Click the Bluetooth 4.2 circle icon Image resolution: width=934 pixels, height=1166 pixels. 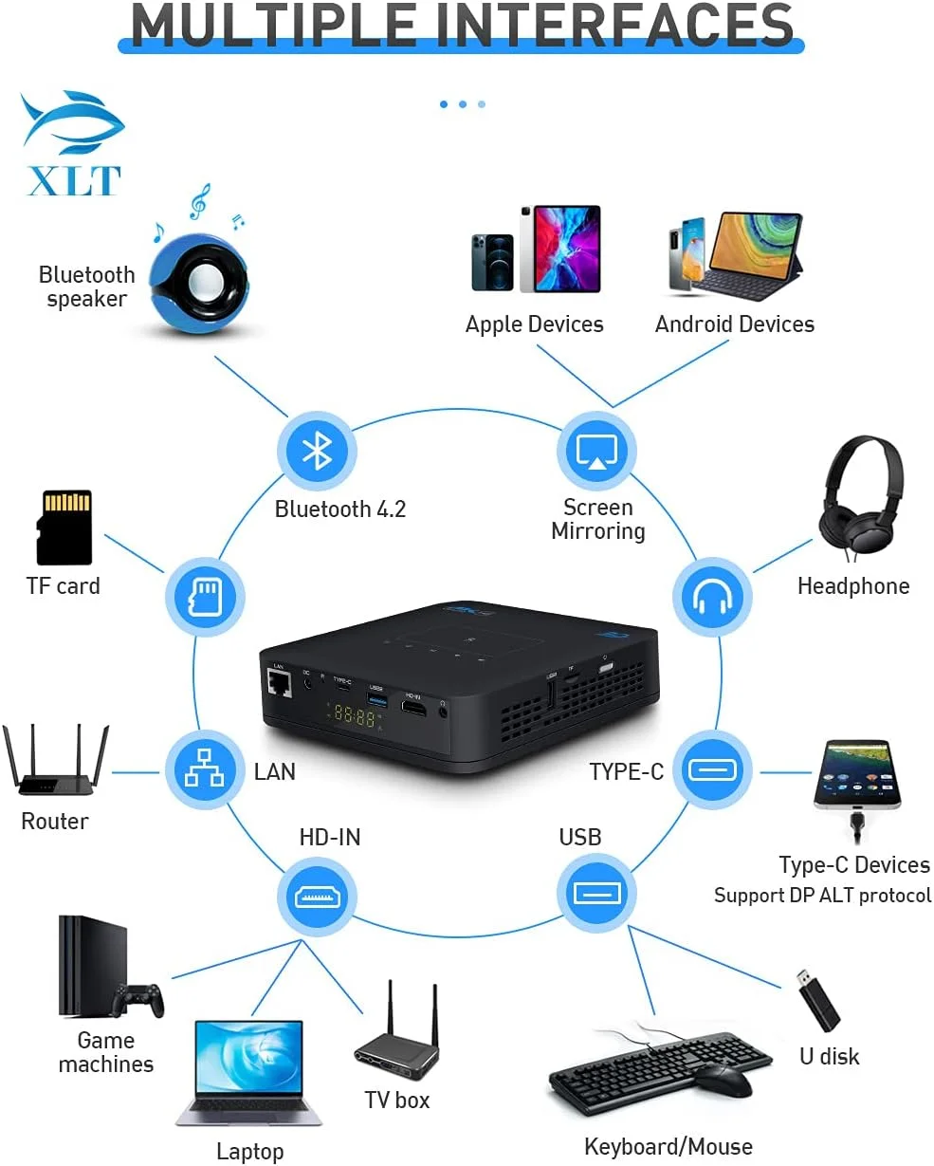[317, 451]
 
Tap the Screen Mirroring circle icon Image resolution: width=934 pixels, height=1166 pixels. [596, 450]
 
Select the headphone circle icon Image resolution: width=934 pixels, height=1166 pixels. [712, 598]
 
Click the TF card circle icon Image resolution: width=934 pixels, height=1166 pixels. [205, 598]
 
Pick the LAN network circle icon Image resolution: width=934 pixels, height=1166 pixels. [204, 769]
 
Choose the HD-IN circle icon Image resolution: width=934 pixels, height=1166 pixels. [316, 896]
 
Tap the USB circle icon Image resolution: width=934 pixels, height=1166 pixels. [596, 893]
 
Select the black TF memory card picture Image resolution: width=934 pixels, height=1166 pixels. [64, 527]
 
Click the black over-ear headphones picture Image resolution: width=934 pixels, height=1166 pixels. [860, 498]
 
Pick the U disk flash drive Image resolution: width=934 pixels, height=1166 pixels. [816, 1001]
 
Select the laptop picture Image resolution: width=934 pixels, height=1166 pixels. [249, 1073]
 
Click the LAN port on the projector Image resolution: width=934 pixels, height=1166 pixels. [279, 686]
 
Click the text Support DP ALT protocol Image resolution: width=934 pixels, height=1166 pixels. [822, 896]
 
